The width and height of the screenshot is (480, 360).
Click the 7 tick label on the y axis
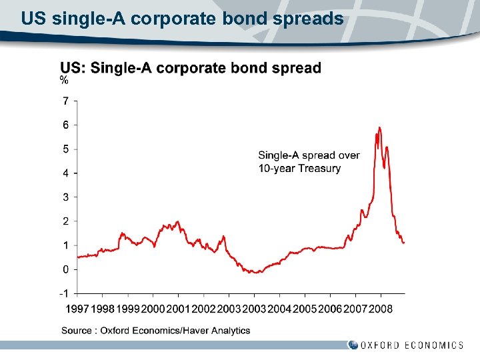65,101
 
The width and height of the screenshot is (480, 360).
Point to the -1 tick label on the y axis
64,293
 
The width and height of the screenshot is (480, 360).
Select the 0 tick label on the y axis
65,269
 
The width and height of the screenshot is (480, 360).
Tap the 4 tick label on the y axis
65,173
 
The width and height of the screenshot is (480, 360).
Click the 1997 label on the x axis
77,309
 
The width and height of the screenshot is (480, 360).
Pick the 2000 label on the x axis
153,309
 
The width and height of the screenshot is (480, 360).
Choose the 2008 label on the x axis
381,309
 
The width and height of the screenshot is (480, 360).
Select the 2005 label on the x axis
305,309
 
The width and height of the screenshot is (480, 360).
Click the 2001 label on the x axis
178,309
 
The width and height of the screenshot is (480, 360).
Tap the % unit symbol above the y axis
64,81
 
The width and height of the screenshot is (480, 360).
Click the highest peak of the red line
379,127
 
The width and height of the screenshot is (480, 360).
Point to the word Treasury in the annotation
319,168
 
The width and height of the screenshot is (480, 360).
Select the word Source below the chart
77,330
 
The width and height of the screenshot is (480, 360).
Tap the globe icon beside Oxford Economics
353,345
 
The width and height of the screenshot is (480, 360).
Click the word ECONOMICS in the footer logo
434,345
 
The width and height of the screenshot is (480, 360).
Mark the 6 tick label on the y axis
65,125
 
